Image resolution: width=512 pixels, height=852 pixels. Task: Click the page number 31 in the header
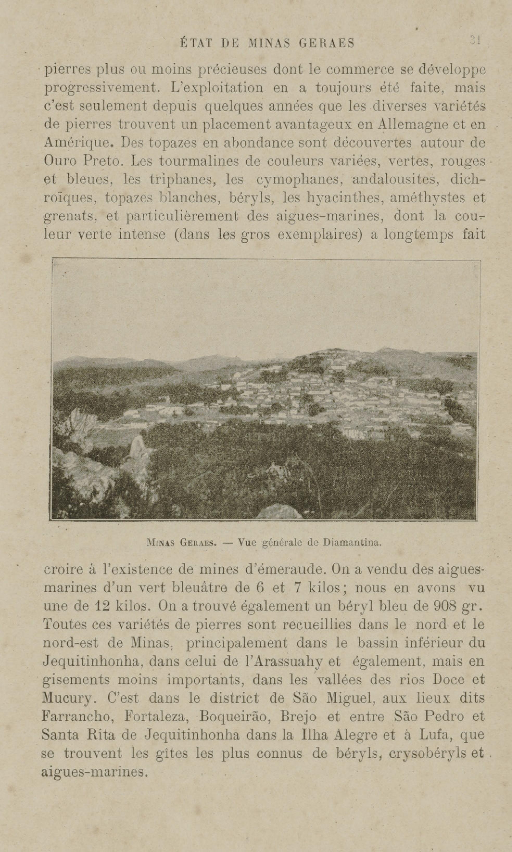coord(475,40)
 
